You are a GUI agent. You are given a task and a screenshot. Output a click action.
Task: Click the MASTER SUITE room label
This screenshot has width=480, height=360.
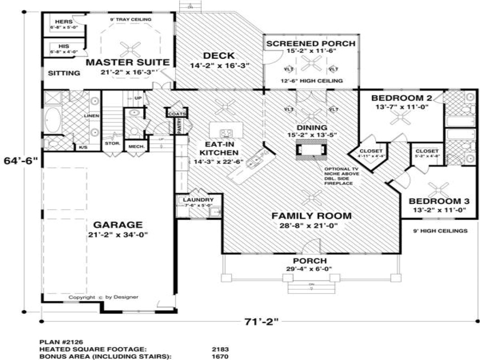tap(127, 62)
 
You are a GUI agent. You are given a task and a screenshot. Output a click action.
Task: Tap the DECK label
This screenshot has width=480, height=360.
tap(219, 56)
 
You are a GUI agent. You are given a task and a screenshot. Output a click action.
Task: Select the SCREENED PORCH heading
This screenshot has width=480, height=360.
tap(311, 43)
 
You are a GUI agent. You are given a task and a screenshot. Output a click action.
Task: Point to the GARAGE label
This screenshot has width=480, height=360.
tap(118, 225)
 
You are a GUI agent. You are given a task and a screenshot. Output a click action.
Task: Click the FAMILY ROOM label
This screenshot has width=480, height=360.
tap(311, 216)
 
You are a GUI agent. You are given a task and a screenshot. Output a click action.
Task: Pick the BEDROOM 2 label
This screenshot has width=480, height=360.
tap(401, 98)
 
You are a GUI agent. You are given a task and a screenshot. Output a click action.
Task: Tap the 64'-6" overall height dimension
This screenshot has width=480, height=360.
tap(21, 161)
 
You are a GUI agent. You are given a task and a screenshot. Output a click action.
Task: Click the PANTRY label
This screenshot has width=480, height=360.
tap(180, 126)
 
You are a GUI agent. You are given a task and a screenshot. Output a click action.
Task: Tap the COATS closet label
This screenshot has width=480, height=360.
tap(176, 114)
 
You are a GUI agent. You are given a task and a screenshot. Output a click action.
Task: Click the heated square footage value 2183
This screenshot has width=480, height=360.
tap(220, 349)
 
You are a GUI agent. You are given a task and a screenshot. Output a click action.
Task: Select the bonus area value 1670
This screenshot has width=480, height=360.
tap(220, 356)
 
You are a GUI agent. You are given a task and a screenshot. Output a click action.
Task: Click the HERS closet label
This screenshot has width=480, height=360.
tap(63, 22)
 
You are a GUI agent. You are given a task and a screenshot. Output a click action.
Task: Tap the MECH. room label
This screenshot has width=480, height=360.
tap(136, 146)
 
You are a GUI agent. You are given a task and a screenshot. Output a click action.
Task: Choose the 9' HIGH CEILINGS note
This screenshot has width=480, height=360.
tap(440, 231)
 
